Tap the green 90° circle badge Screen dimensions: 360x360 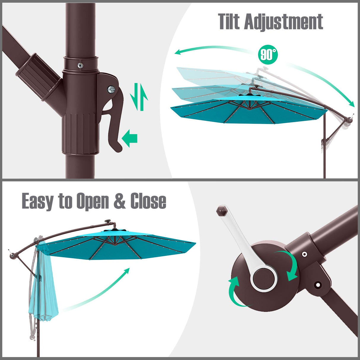point(268,55)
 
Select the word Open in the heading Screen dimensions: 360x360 point(93,201)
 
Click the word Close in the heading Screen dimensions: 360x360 point(148,201)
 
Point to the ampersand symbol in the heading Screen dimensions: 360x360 point(120,201)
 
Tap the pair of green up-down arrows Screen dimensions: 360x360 point(139,97)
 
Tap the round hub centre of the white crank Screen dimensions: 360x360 point(264,279)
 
